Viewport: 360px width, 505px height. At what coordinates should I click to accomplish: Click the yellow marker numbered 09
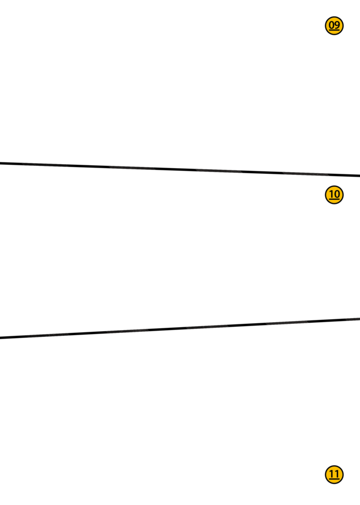tap(334, 26)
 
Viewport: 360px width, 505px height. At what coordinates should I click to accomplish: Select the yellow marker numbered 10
tap(334, 195)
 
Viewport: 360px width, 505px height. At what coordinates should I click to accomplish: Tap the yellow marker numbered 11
tap(334, 475)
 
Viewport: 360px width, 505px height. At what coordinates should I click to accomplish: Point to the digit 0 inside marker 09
tap(332, 25)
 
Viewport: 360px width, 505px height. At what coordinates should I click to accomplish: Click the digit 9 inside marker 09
tap(337, 25)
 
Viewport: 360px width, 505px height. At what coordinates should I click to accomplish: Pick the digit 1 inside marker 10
tap(332, 194)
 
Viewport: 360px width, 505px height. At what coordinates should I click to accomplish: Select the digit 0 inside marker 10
tap(337, 194)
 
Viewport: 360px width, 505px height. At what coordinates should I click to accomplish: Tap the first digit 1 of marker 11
tap(332, 474)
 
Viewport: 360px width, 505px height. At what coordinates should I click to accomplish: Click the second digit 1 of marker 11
tap(337, 474)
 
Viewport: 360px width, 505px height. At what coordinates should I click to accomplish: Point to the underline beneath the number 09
tap(334, 30)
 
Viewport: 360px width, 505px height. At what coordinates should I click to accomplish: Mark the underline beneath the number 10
tap(334, 199)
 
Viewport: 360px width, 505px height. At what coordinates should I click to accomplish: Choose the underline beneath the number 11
tap(334, 479)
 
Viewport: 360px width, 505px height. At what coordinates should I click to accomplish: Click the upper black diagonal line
tap(180, 169)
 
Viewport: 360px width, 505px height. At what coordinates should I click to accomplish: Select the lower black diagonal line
tap(180, 328)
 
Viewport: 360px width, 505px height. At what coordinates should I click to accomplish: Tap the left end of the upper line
tap(1, 163)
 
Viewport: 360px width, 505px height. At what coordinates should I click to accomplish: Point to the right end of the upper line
tap(359, 176)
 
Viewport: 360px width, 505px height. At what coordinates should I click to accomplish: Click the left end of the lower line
tap(1, 337)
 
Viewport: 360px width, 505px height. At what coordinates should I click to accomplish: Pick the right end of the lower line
tap(359, 319)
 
